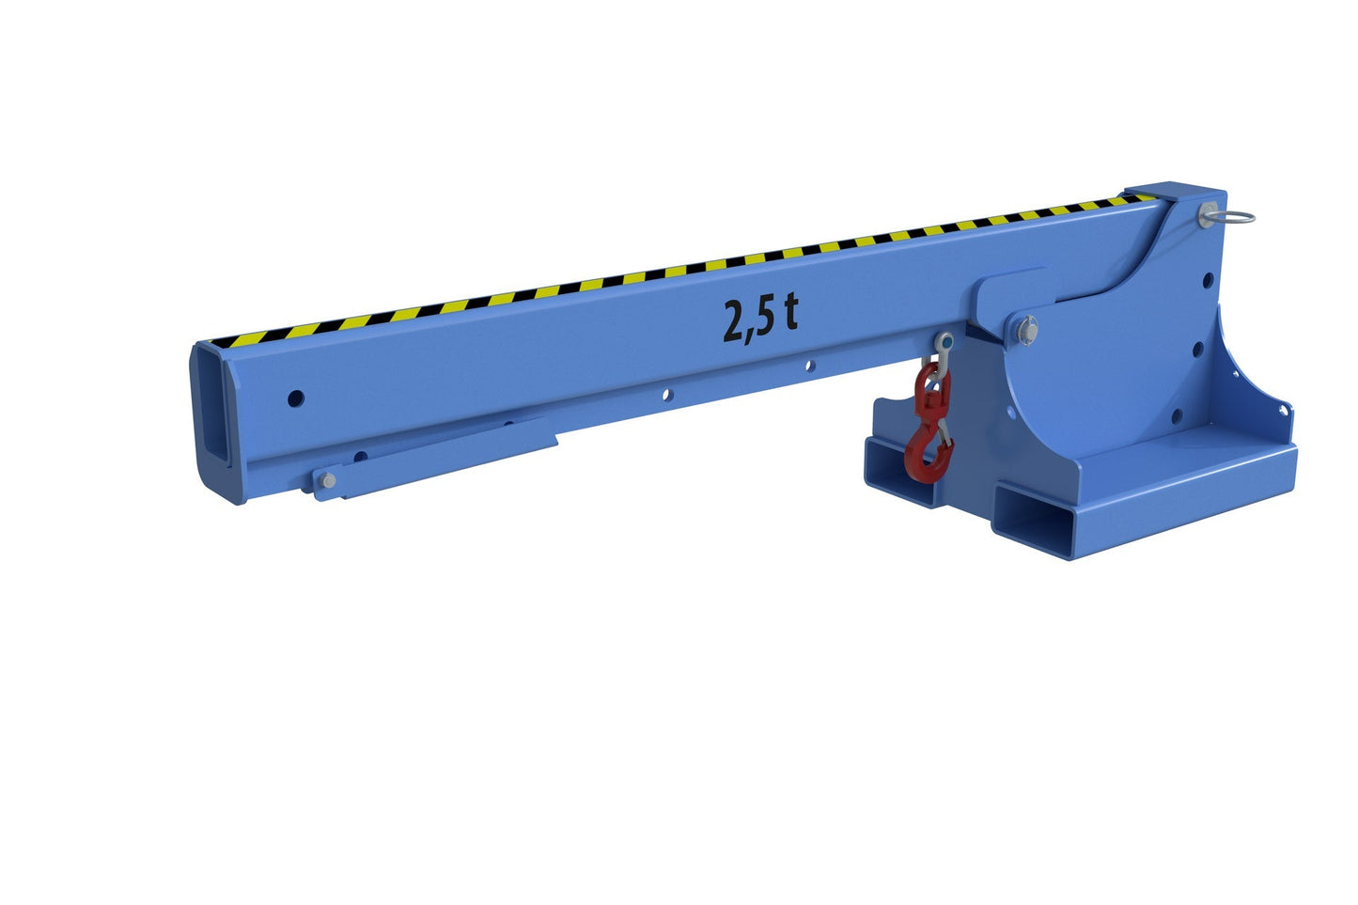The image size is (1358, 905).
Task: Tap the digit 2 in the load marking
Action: point(735,320)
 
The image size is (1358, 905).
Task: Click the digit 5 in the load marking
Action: point(763,318)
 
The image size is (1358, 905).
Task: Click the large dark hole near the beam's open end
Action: point(296,398)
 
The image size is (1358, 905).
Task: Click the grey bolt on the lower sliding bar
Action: point(326,481)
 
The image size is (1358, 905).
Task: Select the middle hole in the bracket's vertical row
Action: point(1198,349)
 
